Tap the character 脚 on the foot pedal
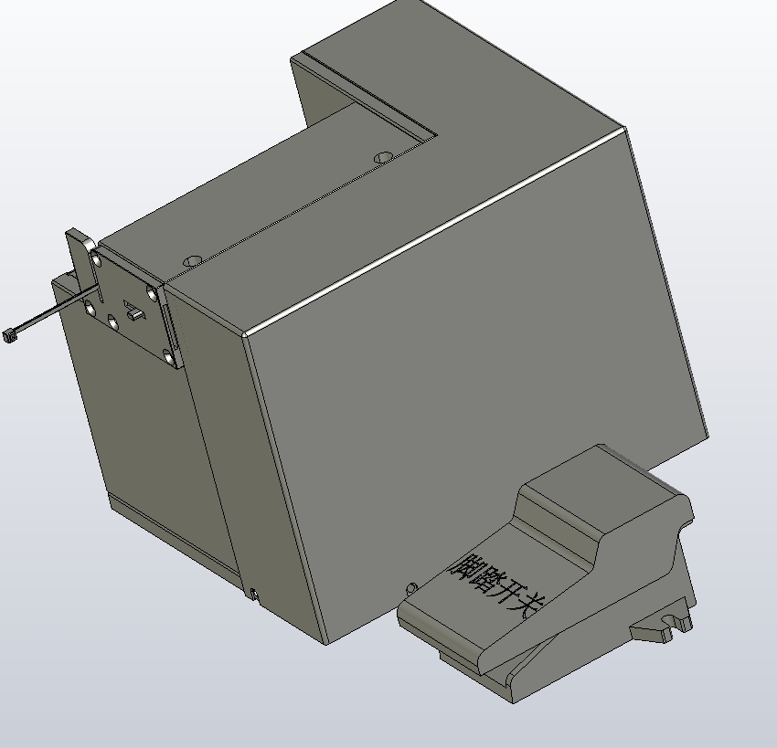[463, 567]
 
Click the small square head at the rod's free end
[10, 335]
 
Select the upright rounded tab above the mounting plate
[80, 258]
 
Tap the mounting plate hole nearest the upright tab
[96, 258]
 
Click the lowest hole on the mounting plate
[169, 356]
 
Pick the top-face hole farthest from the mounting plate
[384, 158]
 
